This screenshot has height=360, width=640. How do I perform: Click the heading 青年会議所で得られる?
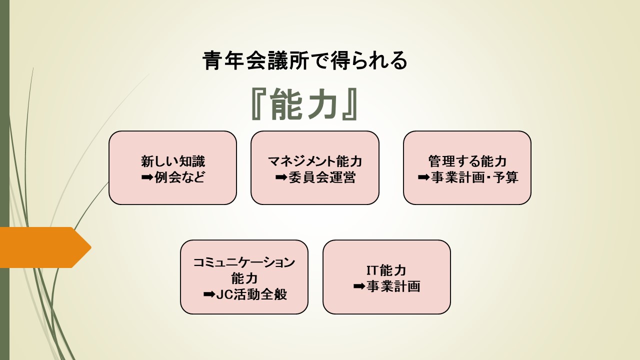coord(304,60)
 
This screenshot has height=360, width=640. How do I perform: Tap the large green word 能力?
coord(304,104)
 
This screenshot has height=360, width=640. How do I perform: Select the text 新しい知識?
coord(173,161)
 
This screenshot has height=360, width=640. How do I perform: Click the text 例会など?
coord(179,177)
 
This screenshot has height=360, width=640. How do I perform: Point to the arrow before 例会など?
coord(147,177)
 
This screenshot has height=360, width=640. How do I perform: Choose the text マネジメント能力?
coord(315,161)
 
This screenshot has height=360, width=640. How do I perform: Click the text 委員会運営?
coord(322,177)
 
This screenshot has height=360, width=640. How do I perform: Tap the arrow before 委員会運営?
coord(281,177)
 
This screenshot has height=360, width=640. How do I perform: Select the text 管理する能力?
coord(467,161)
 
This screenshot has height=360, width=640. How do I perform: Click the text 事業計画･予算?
coord(474,177)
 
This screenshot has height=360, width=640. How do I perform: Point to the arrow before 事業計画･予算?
coord(423,177)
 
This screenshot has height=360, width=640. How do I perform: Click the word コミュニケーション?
coord(244,262)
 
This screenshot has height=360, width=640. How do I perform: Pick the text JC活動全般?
coord(251,294)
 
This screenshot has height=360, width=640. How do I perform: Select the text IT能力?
coord(386,270)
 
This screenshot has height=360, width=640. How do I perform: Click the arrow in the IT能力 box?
coord(359,286)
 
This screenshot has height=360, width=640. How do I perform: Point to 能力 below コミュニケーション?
coord(244,278)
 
